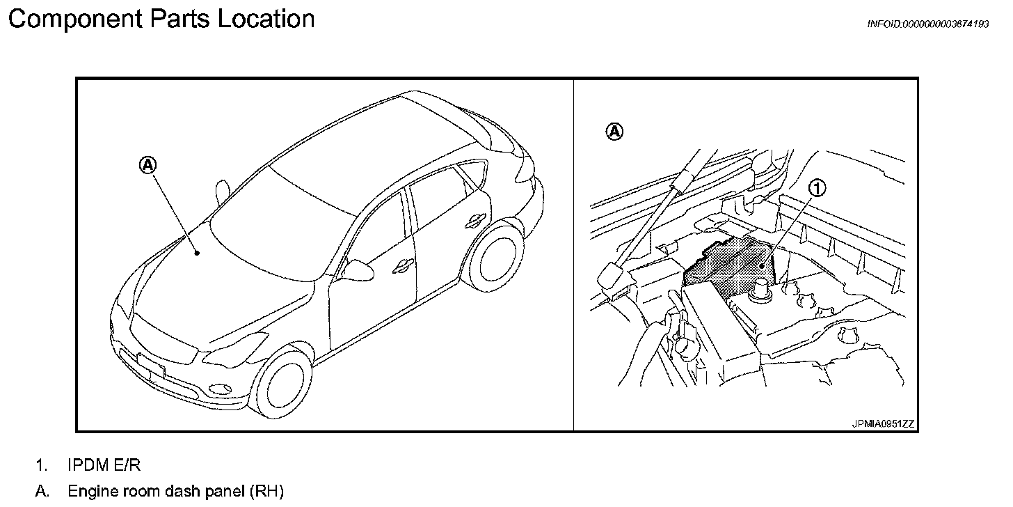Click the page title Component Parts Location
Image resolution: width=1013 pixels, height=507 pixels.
point(161,19)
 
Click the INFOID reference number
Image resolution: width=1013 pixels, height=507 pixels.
point(927,24)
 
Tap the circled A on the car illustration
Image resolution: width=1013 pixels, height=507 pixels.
point(148,165)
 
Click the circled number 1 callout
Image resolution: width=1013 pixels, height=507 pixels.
point(817,187)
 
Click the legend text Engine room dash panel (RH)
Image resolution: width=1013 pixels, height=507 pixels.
point(175,492)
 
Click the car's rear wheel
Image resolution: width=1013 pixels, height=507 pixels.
point(493,257)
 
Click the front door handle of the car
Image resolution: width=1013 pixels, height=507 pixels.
point(401,265)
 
